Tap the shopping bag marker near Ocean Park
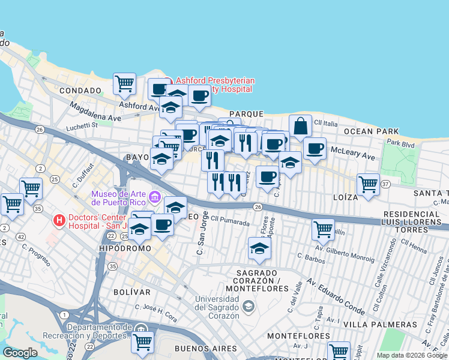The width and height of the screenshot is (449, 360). tap(300, 127)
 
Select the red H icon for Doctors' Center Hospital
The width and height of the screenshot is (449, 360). tap(59, 221)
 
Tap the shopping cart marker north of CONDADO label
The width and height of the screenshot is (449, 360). tap(124, 84)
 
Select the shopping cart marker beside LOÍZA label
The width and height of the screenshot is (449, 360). tap(368, 184)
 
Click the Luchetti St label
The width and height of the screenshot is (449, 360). tap(82, 126)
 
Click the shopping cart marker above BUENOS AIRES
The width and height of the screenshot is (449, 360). tap(142, 342)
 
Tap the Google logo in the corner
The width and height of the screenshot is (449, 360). tap(20, 353)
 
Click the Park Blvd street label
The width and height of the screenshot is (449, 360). tap(400, 143)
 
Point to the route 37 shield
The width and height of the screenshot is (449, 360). tap(385, 184)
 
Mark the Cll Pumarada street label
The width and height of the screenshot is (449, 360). tap(231, 222)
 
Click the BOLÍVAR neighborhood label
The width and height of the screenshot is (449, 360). tap(131, 292)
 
